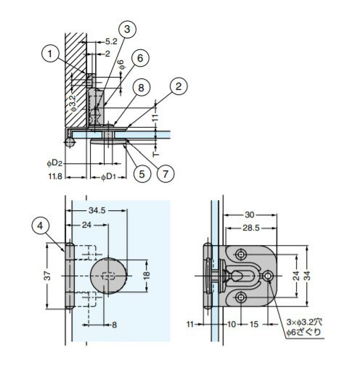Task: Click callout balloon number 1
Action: pos(50,54)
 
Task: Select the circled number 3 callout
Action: pos(127,30)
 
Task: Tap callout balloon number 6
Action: pos(140,58)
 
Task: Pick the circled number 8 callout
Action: pos(141,88)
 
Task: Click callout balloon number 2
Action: pos(179,86)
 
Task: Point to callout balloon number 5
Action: pos(142,174)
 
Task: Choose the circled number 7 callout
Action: pos(165,174)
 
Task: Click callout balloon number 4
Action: pos(40,226)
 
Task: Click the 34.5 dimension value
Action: pos(97,210)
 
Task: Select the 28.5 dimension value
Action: pos(251,228)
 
